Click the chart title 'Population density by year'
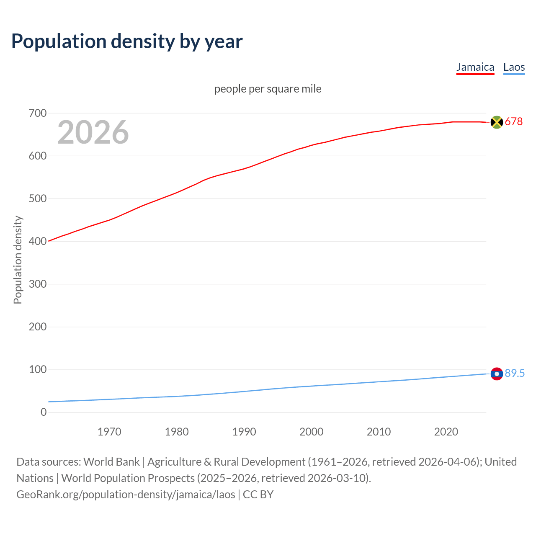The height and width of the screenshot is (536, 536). coord(127,41)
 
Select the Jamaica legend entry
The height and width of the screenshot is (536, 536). coord(475,67)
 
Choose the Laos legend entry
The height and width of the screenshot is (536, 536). coord(514,67)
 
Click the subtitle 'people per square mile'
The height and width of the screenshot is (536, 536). coord(268,89)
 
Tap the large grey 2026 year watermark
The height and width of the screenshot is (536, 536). coord(93,132)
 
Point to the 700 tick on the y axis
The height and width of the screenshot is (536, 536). coord(38,113)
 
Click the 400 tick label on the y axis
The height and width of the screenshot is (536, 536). coord(38,242)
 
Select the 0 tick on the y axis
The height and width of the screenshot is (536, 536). coord(44,412)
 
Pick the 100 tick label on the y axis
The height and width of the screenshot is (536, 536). coord(38,370)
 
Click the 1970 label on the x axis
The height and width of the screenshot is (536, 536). coord(109,432)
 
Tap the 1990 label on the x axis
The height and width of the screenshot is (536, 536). coord(244,432)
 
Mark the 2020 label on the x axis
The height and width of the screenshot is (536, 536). coord(446,432)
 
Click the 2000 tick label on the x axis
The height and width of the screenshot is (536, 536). coord(312,432)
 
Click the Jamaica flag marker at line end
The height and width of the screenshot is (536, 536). coord(497,122)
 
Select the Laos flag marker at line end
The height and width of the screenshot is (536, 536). coord(497,374)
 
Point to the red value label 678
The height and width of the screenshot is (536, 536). coord(514,122)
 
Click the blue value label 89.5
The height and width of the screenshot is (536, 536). coord(515,373)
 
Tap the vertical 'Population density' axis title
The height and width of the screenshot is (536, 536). coord(18,260)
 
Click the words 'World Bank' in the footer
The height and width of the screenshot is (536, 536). coord(111,462)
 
